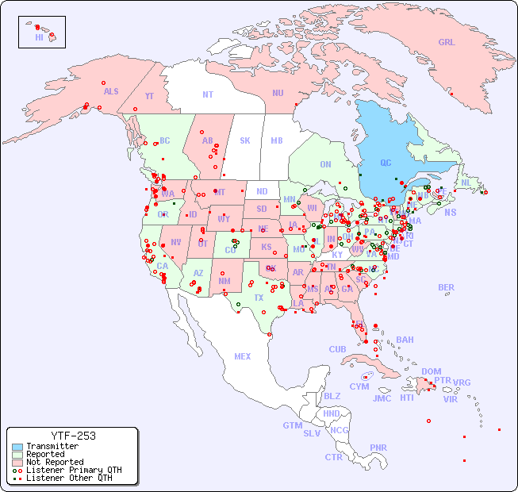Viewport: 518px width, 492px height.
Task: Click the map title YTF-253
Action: click(x=73, y=436)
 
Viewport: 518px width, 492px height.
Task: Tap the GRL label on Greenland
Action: click(x=447, y=42)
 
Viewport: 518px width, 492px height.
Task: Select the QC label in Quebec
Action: click(x=386, y=163)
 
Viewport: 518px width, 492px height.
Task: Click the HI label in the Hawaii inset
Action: click(x=39, y=37)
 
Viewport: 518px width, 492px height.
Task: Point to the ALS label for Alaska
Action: click(x=111, y=91)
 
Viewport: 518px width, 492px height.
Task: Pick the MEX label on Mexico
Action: click(x=243, y=356)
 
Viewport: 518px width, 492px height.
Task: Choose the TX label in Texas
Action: click(x=259, y=298)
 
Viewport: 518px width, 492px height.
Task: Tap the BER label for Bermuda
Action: click(x=447, y=287)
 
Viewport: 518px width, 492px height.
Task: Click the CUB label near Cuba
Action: click(x=337, y=349)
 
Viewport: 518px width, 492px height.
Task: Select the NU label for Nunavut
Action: click(x=278, y=93)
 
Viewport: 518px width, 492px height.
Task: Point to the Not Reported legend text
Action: click(x=55, y=462)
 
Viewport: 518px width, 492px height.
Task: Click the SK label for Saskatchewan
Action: click(x=245, y=140)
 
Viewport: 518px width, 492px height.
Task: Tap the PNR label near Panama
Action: click(x=378, y=448)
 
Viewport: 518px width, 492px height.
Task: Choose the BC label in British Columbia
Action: click(x=165, y=140)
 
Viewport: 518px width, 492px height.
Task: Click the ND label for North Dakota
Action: click(x=262, y=191)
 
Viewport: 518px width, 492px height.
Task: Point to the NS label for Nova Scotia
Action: click(x=450, y=212)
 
